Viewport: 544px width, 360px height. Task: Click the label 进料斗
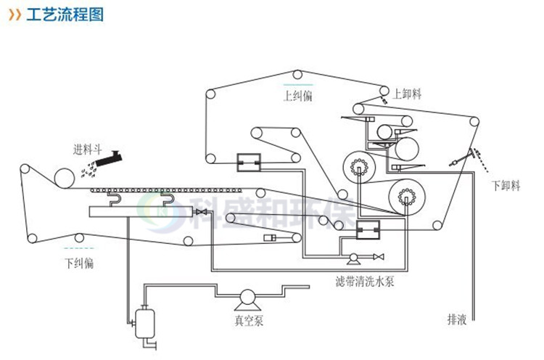click(84, 150)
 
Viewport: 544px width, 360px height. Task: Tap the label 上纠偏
click(297, 95)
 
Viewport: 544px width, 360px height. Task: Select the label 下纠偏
click(78, 262)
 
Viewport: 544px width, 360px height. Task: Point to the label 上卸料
click(408, 93)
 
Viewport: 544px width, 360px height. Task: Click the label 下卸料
click(506, 185)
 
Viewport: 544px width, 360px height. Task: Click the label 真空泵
click(247, 320)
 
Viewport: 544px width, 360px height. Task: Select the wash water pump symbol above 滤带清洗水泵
click(354, 258)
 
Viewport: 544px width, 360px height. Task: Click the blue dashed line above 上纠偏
click(297, 84)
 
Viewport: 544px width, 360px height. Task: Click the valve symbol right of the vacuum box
click(203, 211)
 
